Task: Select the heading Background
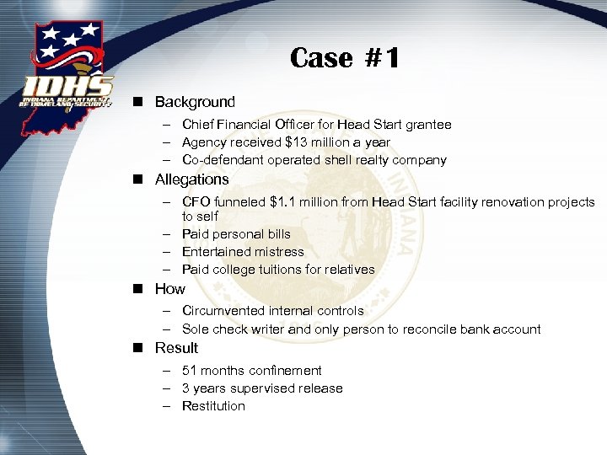195,102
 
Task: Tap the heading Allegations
191,179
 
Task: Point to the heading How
169,289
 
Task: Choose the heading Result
176,348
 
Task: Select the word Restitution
213,406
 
